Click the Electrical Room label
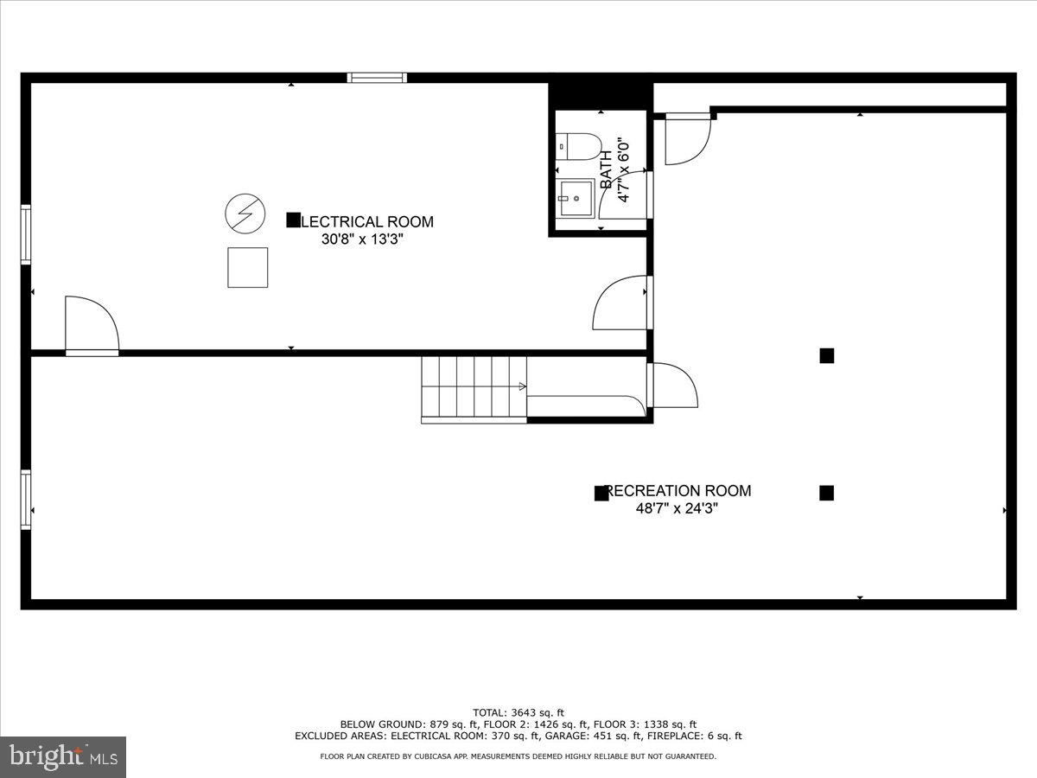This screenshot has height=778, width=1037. point(366,221)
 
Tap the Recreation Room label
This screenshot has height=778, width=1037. point(678,491)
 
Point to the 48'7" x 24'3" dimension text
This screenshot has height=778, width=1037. point(678,509)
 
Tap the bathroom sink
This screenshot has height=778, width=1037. point(575,198)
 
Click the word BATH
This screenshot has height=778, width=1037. point(606,169)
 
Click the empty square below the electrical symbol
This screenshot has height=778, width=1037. point(247,267)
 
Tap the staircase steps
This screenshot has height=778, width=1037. point(473,387)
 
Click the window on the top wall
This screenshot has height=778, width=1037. point(377,78)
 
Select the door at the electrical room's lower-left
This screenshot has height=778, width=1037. point(92,326)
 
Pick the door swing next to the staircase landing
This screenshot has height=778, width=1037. point(673,386)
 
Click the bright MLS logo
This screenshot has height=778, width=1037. point(63,757)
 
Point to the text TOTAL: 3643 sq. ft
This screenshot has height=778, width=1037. point(518,712)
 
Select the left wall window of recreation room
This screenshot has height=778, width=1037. point(26,499)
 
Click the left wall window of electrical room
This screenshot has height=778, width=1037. point(26,233)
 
